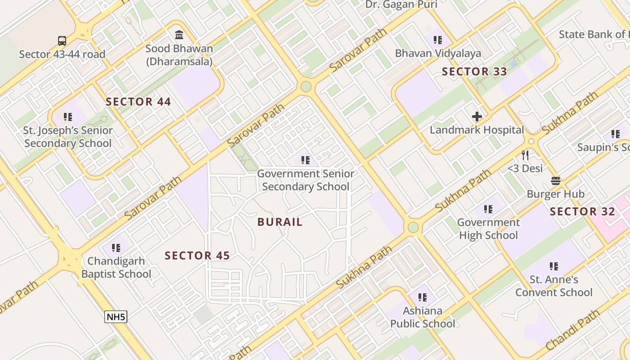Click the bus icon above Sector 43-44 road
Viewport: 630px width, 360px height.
(x=62, y=41)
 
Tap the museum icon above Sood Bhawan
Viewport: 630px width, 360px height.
(x=179, y=35)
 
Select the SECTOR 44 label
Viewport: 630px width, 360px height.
(x=138, y=102)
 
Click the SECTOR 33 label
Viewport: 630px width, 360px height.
(x=474, y=72)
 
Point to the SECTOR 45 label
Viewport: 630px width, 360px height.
(x=197, y=256)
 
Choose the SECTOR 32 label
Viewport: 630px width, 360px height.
(x=582, y=211)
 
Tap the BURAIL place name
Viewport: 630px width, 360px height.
(x=280, y=222)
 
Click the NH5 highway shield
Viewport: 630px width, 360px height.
(x=116, y=317)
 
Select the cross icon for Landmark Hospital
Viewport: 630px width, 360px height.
(x=477, y=117)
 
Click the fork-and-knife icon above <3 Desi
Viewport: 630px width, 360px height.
(x=525, y=156)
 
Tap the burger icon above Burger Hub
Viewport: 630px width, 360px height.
(x=555, y=181)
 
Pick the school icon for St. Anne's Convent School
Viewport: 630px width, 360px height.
(x=554, y=266)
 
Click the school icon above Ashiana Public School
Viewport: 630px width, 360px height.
(x=422, y=297)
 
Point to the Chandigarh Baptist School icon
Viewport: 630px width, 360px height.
(x=116, y=247)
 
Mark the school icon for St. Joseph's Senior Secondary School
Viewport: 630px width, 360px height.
(x=68, y=117)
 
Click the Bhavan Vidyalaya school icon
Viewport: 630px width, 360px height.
(x=438, y=40)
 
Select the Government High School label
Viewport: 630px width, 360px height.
(x=488, y=229)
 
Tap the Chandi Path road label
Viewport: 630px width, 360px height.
(x=572, y=330)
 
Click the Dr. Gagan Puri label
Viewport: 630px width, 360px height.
(x=401, y=4)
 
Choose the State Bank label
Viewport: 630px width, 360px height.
(x=594, y=34)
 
